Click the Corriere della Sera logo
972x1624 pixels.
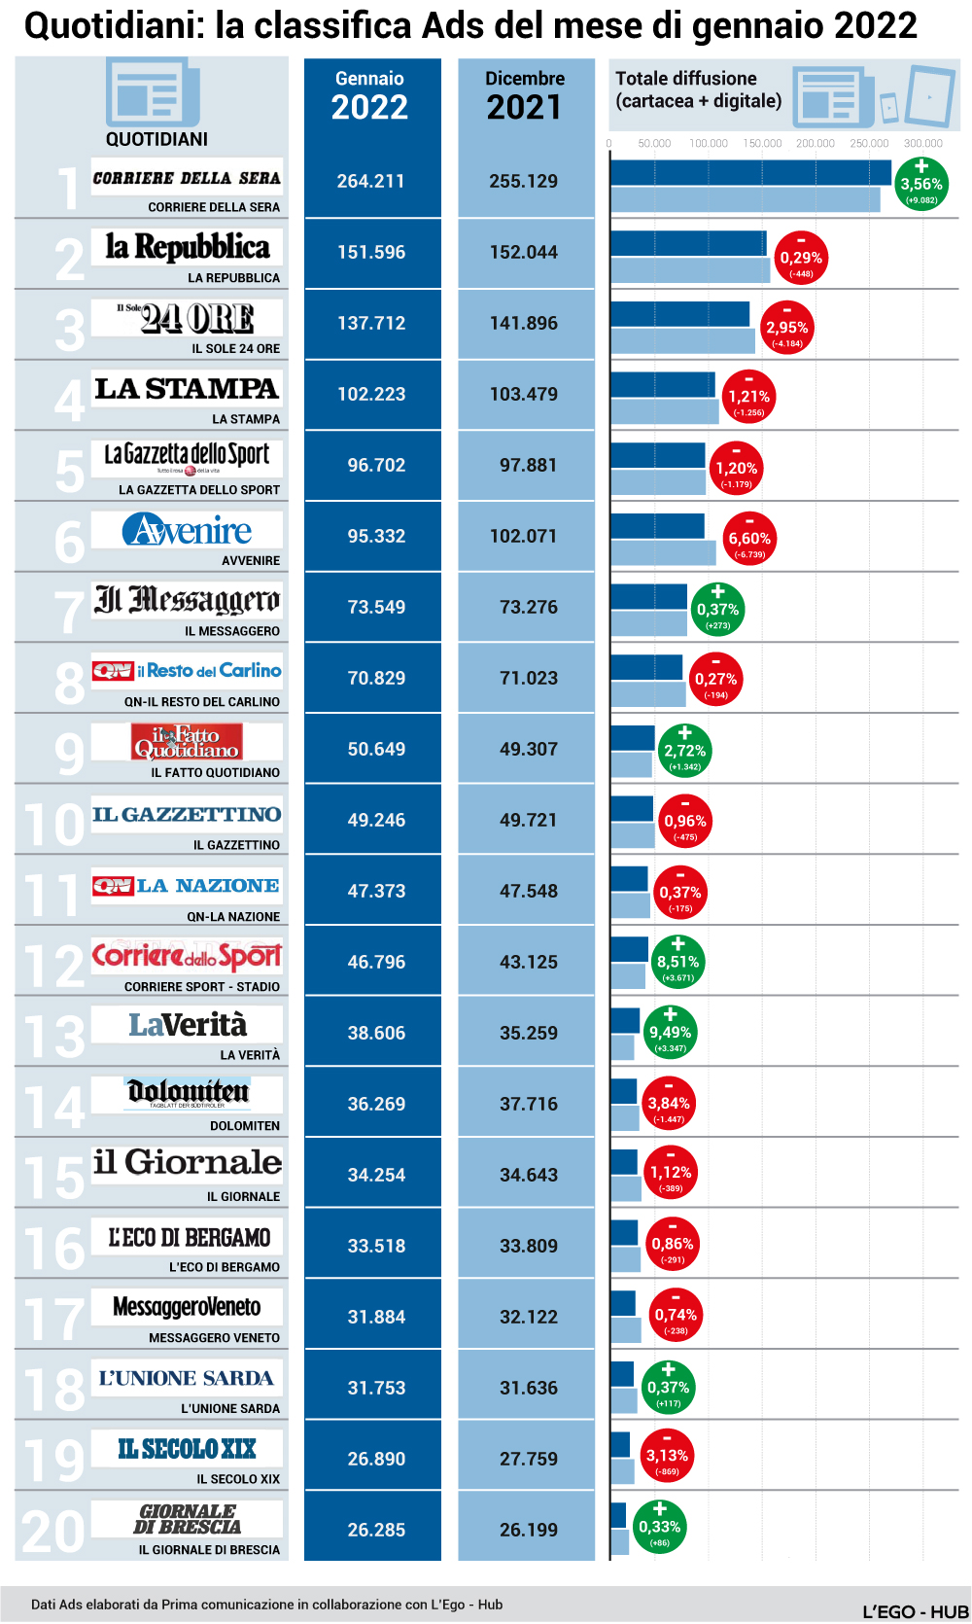[187, 178]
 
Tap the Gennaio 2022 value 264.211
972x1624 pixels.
[370, 181]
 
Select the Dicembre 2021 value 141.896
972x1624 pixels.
[524, 323]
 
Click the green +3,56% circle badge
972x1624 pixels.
[920, 184]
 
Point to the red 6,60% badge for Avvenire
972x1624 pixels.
[749, 539]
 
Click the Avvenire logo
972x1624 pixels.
[187, 530]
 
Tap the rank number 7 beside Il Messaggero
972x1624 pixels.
[69, 612]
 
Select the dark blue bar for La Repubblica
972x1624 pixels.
[687, 243]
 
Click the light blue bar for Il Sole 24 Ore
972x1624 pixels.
[682, 341]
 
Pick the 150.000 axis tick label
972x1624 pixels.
[762, 143]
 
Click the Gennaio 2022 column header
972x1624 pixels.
[370, 95]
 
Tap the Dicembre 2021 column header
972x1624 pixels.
[525, 95]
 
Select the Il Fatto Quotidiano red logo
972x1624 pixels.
[186, 742]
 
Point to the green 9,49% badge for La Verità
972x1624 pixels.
[670, 1033]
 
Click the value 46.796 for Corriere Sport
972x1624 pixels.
[376, 962]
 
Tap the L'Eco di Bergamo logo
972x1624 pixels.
[189, 1237]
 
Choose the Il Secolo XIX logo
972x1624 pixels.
[187, 1449]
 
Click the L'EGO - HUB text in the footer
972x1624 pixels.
[915, 1611]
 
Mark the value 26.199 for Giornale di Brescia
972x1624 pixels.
[529, 1530]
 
